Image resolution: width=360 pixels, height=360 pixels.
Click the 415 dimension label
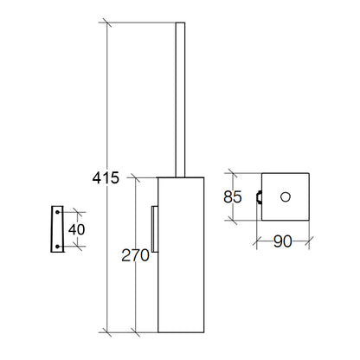[x=106, y=177]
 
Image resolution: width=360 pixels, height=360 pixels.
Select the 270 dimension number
[x=135, y=255]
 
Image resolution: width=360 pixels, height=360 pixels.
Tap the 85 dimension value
[x=233, y=197]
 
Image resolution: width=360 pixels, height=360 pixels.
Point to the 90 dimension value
[x=283, y=241]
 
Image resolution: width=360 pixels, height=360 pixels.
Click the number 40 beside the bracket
[x=77, y=229]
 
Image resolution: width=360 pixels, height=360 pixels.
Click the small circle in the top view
[x=286, y=197]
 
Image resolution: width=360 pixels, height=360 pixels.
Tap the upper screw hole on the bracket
[x=57, y=212]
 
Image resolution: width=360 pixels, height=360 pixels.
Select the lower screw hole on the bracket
[x=57, y=247]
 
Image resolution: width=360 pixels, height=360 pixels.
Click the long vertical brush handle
[x=180, y=100]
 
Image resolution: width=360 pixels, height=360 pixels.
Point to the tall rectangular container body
[x=181, y=254]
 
